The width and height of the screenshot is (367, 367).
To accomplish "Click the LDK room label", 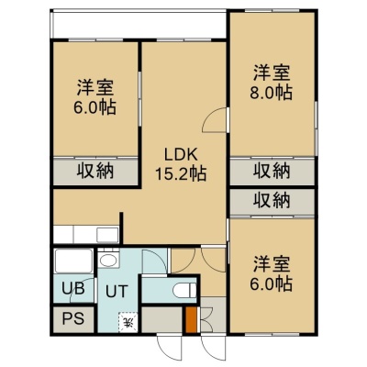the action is click(180, 155).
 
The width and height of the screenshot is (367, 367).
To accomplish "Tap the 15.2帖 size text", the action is click(181, 174).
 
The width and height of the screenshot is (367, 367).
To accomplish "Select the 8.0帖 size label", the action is click(272, 93).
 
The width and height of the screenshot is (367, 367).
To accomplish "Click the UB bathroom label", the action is click(72, 288).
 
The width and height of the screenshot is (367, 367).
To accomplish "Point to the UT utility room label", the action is click(117, 292).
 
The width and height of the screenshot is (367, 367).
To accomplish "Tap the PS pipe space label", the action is click(73, 318).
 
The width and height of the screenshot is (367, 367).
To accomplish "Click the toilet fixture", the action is click(184, 290).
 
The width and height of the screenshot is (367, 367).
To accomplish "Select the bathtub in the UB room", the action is click(73, 261).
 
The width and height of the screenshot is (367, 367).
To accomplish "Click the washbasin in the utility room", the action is click(108, 261).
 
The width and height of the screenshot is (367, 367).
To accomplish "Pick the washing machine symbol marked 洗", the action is click(129, 322).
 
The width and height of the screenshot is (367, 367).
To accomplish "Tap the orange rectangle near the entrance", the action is click(191, 319).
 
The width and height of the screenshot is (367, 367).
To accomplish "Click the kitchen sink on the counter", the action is click(107, 235).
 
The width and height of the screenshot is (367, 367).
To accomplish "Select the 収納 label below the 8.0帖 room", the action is click(272, 172).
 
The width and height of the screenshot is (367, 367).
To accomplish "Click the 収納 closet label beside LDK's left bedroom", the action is click(95, 172).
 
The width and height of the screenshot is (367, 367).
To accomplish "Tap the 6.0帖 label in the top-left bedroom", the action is click(95, 107).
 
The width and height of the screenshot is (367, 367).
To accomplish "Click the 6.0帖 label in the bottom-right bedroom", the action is click(272, 284).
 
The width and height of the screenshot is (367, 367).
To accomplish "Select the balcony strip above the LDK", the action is click(139, 25).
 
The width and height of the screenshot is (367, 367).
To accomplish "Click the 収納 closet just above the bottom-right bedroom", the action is click(272, 202).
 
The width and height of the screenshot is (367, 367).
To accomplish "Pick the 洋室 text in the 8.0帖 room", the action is click(272, 73).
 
